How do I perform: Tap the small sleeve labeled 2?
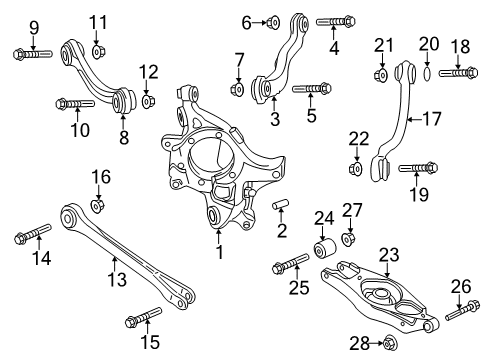coord(283,207)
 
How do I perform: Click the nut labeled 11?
coord(97,50)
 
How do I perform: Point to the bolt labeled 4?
coord(331,20)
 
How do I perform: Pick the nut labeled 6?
coord(272,20)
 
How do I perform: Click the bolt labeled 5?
coord(238,89)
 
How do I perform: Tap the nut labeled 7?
coord(238,89)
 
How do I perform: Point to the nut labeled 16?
coord(99,206)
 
